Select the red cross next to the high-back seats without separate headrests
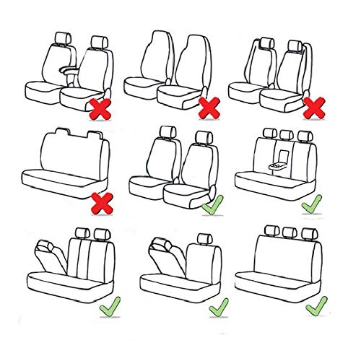click(208, 108)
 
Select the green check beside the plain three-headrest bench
click(316, 307)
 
